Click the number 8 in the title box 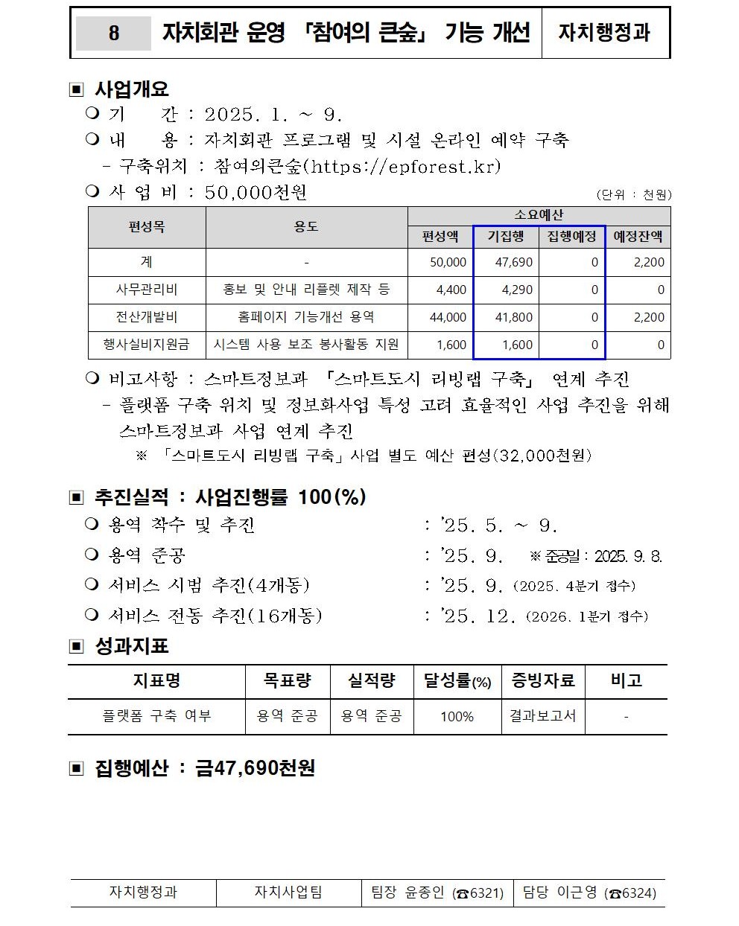[113, 33]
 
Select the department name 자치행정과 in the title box [604, 33]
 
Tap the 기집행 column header [506, 237]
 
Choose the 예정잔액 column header [638, 237]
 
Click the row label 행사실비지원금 [147, 344]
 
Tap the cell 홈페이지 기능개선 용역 [306, 317]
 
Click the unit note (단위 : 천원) [634, 194]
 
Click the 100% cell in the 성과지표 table [457, 716]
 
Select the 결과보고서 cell [542, 715]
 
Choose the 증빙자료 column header [542, 680]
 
